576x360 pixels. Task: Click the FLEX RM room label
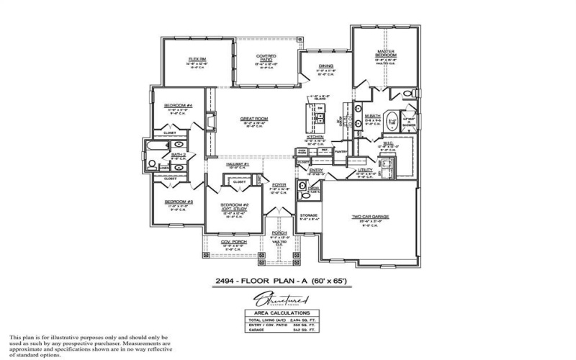[x=198, y=58]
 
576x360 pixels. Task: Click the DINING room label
[x=326, y=66]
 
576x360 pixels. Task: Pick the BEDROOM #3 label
[x=178, y=202]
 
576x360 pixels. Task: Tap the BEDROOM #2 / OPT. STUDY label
[x=235, y=206]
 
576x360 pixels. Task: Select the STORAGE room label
[x=308, y=215]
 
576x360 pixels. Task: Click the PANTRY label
[x=340, y=152]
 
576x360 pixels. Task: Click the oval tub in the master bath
[x=393, y=121]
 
